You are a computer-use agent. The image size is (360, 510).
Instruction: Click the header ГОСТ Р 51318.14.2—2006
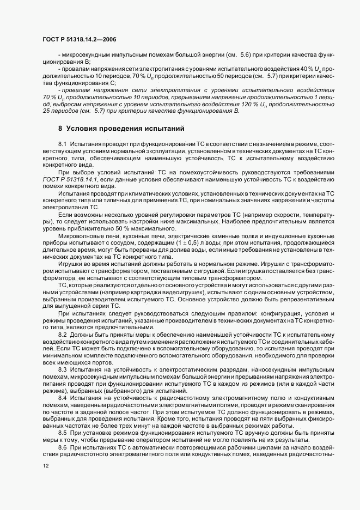[x=79, y=40]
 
